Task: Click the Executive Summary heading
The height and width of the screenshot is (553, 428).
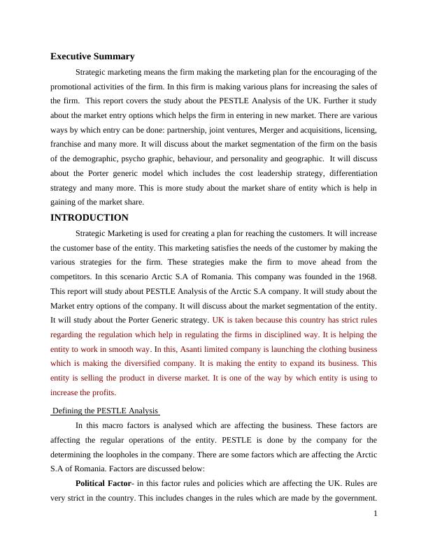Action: tap(92, 57)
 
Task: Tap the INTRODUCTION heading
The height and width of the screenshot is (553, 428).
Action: tap(90, 217)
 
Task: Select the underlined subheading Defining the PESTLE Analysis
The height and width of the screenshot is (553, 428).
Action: tap(106, 411)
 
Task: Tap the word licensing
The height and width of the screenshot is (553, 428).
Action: tap(357, 131)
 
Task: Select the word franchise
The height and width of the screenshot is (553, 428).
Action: tap(67, 145)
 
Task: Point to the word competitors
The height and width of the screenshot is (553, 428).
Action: tap(75, 276)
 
